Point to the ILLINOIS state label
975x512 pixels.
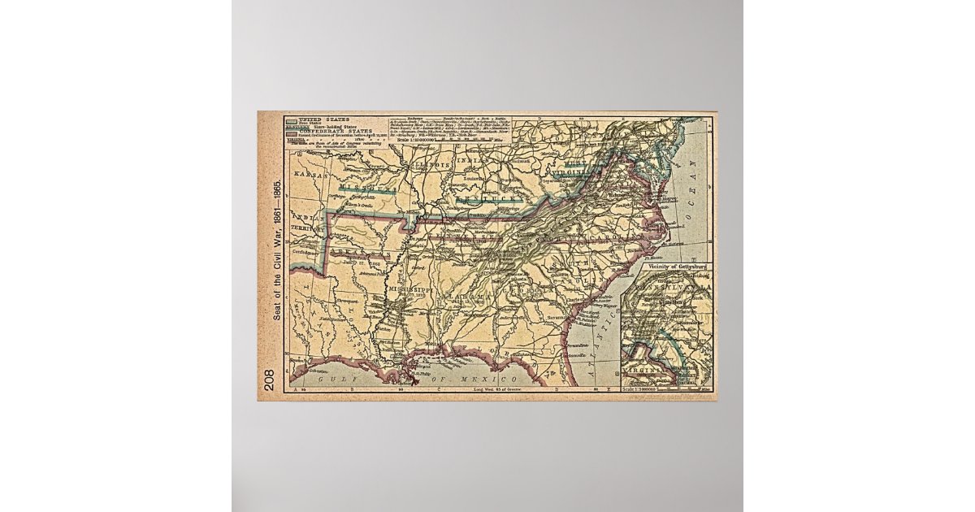[x=431, y=165]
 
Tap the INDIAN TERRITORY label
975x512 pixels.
[x=310, y=225]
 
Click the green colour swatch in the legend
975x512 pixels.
[x=289, y=119]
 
